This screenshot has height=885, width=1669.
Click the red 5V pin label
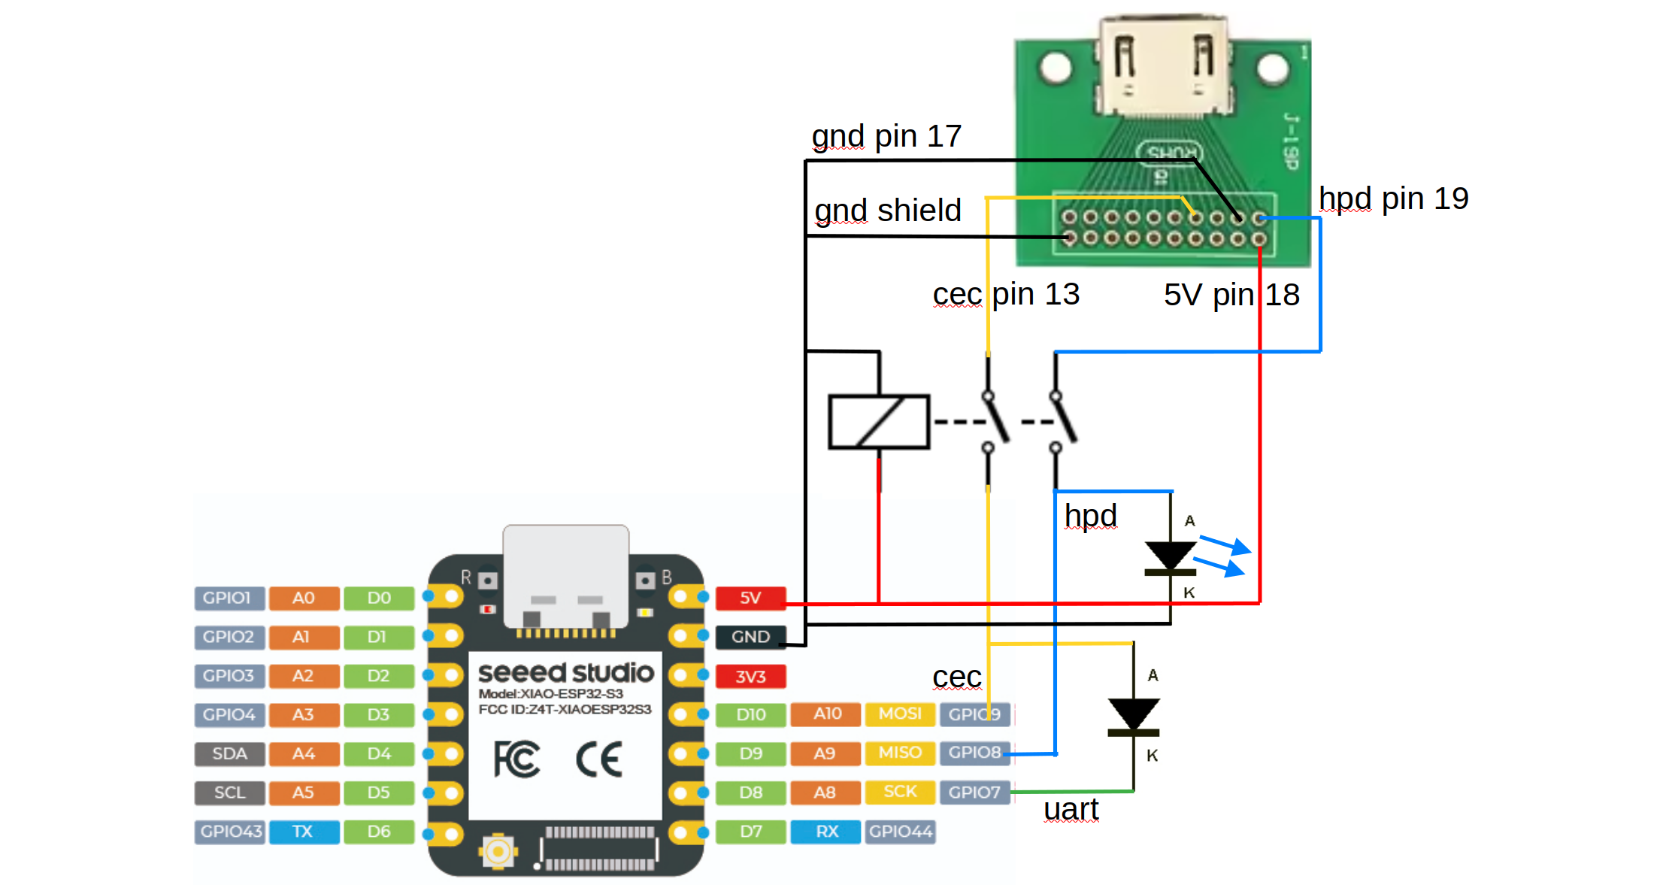750,598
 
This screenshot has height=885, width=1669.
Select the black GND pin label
750,637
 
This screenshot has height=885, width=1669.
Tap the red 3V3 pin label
750,676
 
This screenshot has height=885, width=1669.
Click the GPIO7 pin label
974,792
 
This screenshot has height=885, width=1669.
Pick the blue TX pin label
303,832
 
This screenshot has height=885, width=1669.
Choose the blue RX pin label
825,832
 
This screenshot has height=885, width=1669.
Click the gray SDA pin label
230,753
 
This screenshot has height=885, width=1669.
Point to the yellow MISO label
900,753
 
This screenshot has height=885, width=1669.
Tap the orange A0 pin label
304,598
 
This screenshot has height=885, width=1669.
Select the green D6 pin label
379,832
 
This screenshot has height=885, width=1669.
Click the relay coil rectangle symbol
879,422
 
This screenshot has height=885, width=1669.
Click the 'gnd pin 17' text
886,136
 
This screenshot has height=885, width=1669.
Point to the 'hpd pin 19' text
1393,199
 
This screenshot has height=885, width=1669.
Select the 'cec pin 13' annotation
1006,294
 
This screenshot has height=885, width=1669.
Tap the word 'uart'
1071,810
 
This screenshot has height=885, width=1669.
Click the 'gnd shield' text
888,211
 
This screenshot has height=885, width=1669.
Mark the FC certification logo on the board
516,759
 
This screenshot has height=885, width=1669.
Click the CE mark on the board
599,759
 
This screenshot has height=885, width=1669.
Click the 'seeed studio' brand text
565,672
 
